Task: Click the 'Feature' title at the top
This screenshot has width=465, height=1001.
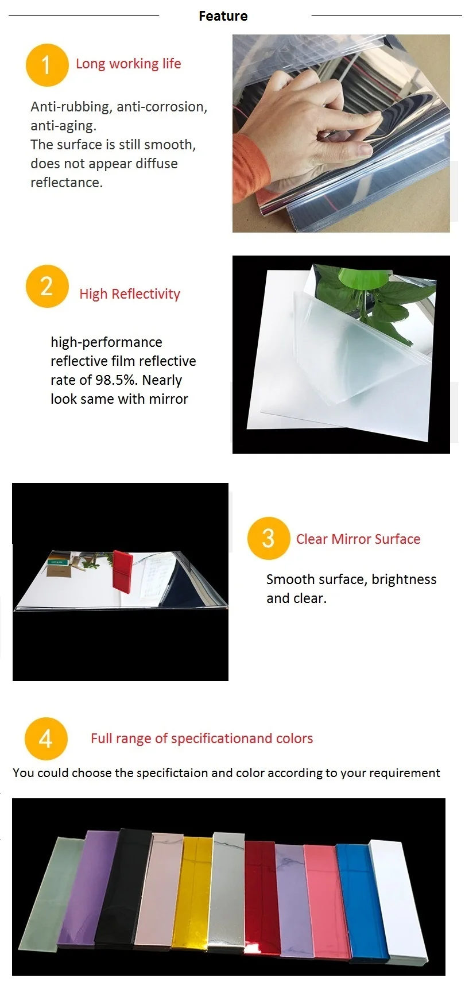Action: coord(223,16)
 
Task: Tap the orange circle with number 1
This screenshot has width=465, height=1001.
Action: coord(47,65)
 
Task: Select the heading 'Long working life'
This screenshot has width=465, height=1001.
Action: coord(129,64)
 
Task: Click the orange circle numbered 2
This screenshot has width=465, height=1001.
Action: coord(47,286)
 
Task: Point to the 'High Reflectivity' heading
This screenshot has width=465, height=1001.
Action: coord(130,294)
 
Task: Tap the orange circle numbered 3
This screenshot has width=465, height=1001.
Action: coord(268,538)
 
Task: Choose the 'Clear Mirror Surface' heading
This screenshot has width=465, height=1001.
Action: coord(358,539)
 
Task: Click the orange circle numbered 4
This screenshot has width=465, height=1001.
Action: coord(46,739)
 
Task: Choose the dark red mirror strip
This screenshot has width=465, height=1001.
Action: coord(262,897)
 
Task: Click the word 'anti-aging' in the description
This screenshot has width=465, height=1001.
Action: coord(63,126)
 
